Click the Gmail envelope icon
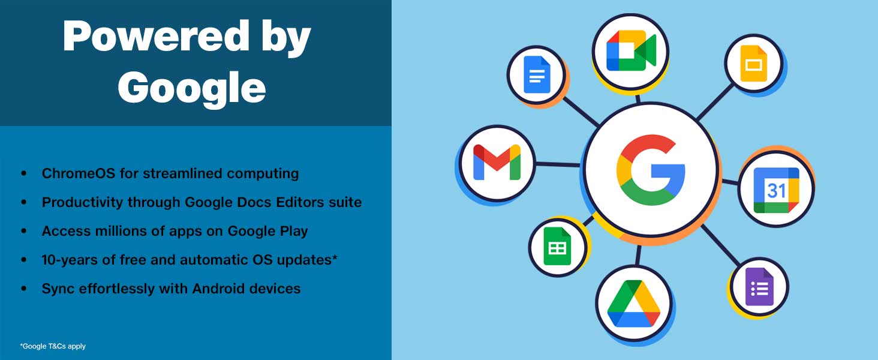497,162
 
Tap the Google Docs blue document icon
537,74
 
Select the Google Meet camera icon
631,50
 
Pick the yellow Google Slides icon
753,64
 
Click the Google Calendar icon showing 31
776,190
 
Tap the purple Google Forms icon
759,287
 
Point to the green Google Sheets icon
557,246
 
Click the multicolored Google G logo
651,169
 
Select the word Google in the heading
192,88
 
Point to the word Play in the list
293,232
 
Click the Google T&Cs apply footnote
53,346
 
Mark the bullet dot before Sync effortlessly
24,289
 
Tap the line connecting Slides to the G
715,101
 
